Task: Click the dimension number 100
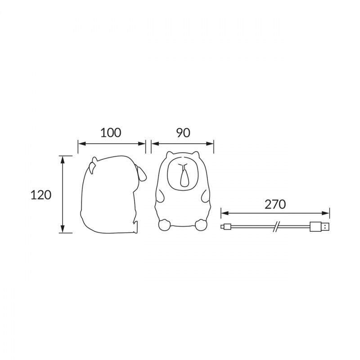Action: pyautogui.click(x=111, y=133)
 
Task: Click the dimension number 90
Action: pyautogui.click(x=183, y=133)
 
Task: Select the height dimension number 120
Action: pyautogui.click(x=41, y=195)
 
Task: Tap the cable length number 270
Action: pyautogui.click(x=275, y=204)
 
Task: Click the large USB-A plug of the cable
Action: pyautogui.click(x=319, y=227)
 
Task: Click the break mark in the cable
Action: pyautogui.click(x=277, y=227)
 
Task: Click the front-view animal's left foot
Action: pyautogui.click(x=164, y=225)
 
